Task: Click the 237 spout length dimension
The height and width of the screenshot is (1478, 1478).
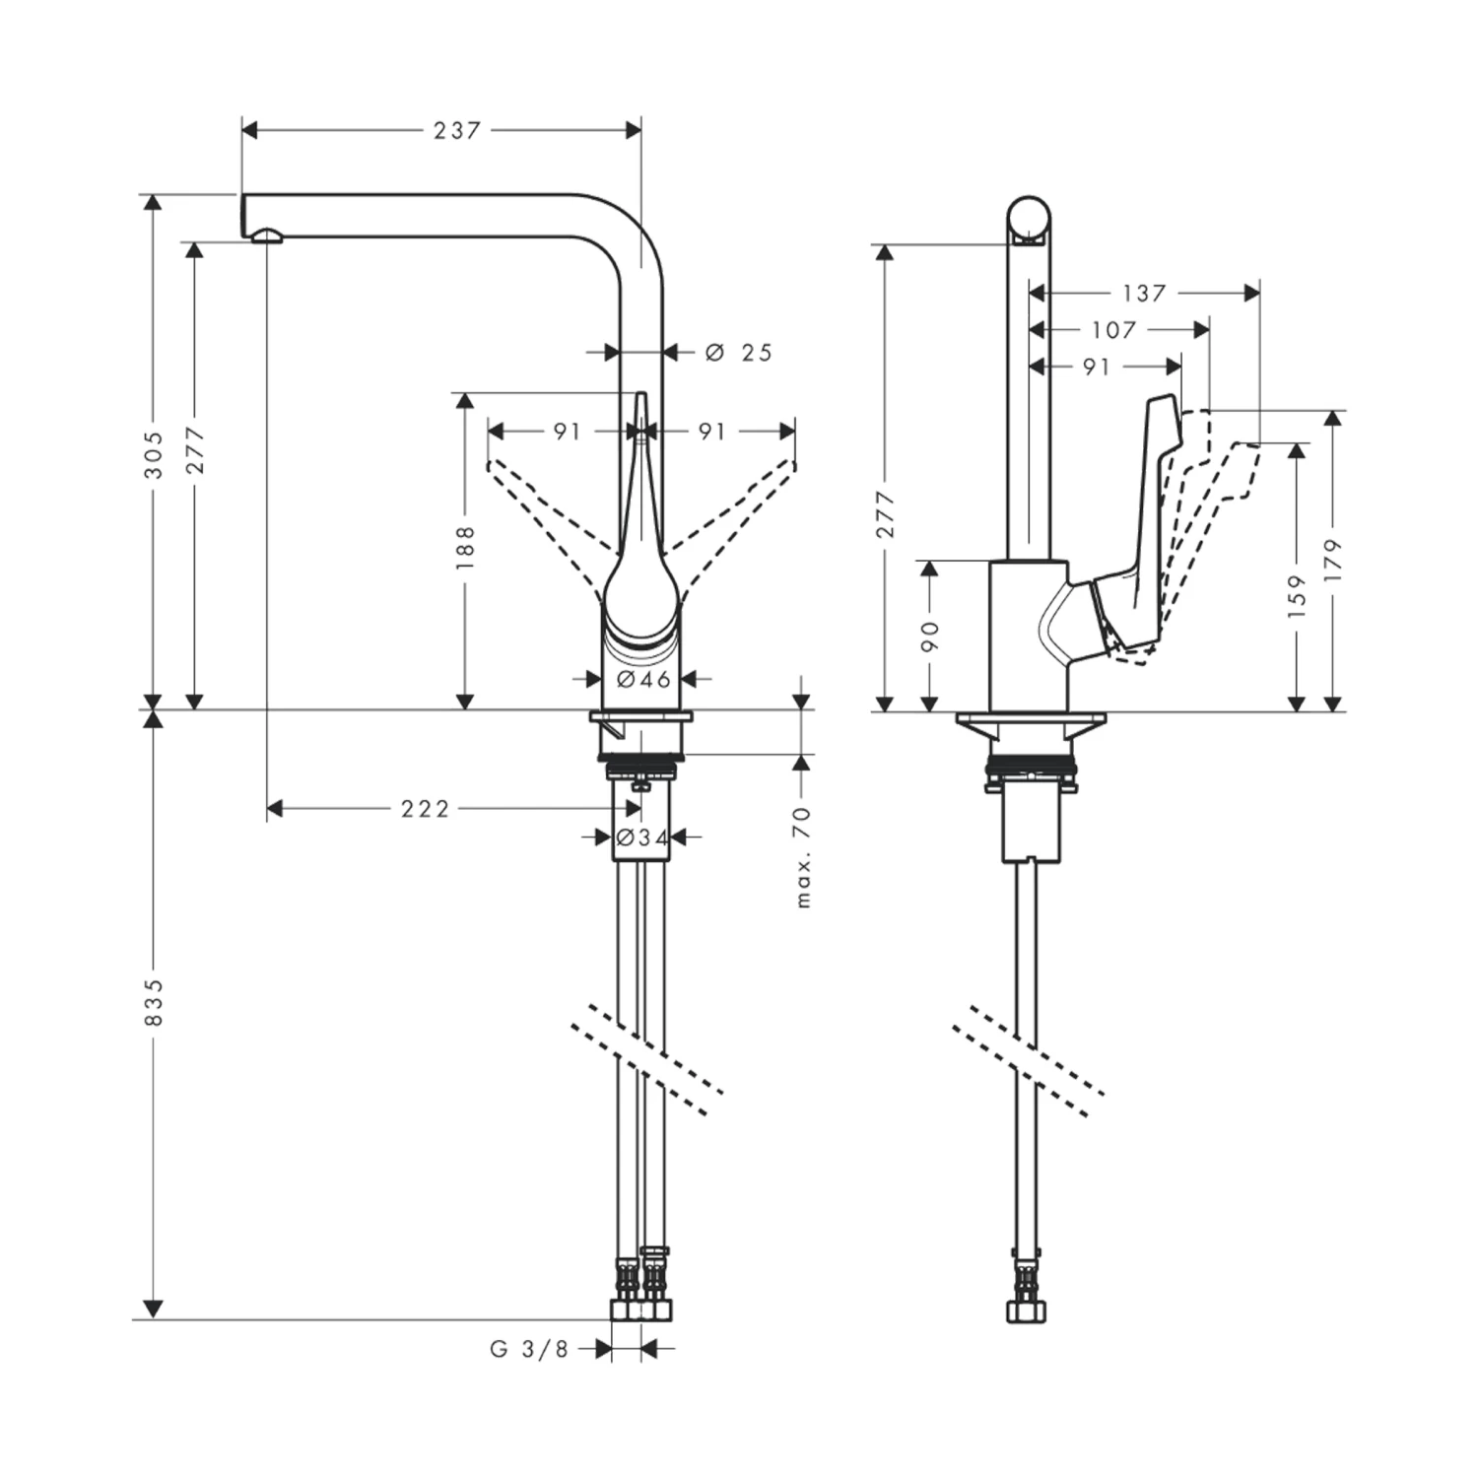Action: pos(456,130)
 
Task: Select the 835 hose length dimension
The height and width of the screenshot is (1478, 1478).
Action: pos(153,1003)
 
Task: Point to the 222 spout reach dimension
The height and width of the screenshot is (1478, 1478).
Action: pos(425,809)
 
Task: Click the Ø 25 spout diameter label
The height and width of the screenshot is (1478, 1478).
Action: pos(739,352)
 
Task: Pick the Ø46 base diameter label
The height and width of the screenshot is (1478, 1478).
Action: pos(643,679)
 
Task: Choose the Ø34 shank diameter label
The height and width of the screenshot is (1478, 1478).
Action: pos(641,838)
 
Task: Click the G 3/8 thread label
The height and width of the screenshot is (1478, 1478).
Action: pos(529,1349)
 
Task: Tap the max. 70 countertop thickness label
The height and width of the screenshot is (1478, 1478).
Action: pos(803,856)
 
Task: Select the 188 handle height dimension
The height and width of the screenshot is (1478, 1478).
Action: pos(466,548)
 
